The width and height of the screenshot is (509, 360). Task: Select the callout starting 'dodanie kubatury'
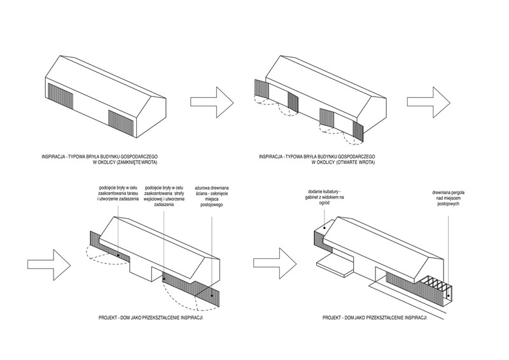click(x=327, y=197)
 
